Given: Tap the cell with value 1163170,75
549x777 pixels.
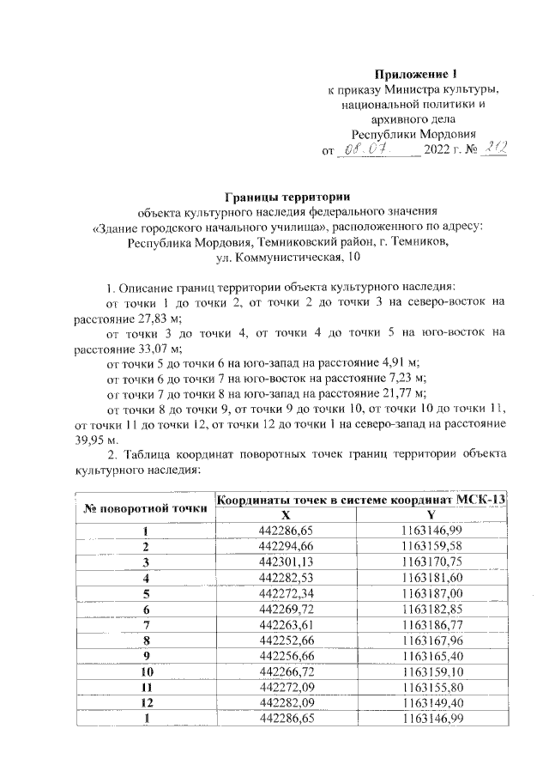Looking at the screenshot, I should point(432,562).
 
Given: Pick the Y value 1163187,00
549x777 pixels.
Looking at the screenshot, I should point(432,592).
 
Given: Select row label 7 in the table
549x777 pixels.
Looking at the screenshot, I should point(146,623).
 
